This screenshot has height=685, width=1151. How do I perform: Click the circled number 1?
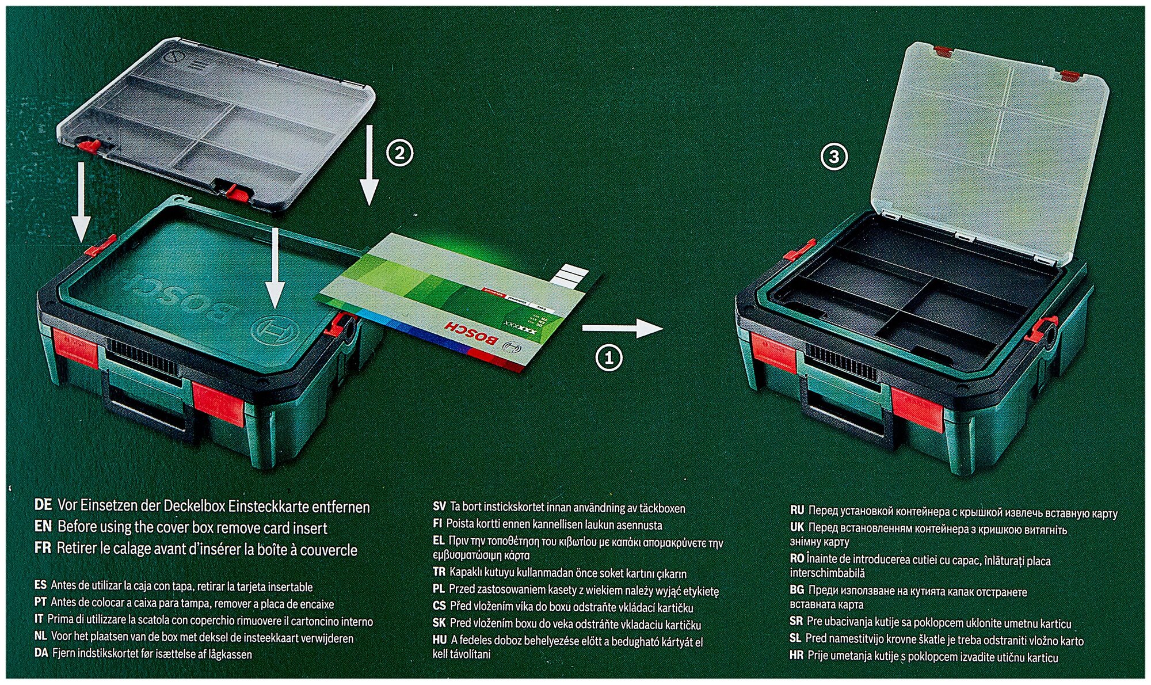pos(608,358)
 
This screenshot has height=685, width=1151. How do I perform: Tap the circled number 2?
pos(399,154)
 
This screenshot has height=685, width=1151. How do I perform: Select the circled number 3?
pos(834,157)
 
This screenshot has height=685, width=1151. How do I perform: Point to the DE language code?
pos(43,506)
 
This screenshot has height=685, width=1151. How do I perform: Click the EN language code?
pos(43,527)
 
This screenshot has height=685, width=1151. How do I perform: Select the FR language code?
pos(43,549)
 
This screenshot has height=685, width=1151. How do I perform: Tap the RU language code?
pos(796,511)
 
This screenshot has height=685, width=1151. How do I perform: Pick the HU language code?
pos(439,640)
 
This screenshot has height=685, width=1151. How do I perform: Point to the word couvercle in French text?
pos(327,550)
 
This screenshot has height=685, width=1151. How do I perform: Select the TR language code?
pos(439,573)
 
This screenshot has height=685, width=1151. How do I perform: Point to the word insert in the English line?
pos(311,528)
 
